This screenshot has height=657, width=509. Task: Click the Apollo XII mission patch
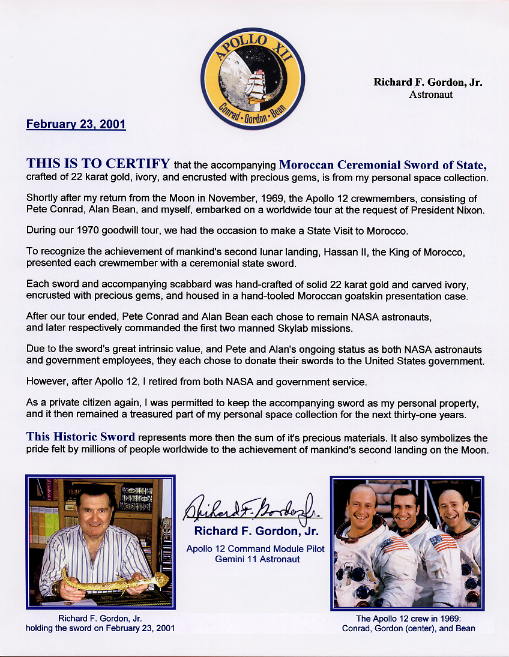pos(253,79)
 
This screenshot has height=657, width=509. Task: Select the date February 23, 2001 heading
pos(76,124)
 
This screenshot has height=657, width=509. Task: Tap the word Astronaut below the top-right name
pos(430,94)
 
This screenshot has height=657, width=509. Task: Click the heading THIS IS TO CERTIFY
pos(98,164)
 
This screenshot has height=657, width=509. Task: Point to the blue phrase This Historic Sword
pos(80,437)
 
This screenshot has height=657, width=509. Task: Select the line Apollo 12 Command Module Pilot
pos(255,548)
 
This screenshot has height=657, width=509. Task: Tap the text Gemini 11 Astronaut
pos(255,559)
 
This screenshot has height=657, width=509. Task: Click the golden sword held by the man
pos(114,580)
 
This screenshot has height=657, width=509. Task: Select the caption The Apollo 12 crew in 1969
pos(408,619)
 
